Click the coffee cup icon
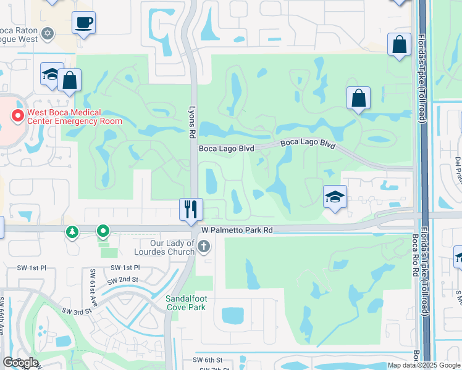click(83, 23)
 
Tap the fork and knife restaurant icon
click(191, 209)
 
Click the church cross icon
click(203, 247)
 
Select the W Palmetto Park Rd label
click(237, 230)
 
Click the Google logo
click(20, 363)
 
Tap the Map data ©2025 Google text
click(423, 365)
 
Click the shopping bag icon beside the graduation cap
click(70, 80)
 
